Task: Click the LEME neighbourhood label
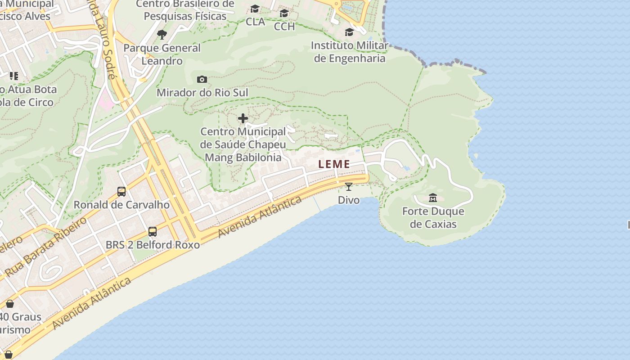pyautogui.click(x=334, y=164)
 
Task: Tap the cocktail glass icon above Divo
pyautogui.click(x=349, y=186)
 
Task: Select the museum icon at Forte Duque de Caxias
pyautogui.click(x=433, y=198)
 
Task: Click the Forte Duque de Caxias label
pyautogui.click(x=433, y=217)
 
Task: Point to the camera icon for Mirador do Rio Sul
pyautogui.click(x=202, y=80)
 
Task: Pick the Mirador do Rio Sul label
pyautogui.click(x=202, y=93)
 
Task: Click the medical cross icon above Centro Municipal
pyautogui.click(x=243, y=118)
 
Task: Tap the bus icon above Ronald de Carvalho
pyautogui.click(x=121, y=192)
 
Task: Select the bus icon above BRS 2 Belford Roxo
pyautogui.click(x=153, y=232)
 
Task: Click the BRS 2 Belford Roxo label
pyautogui.click(x=153, y=245)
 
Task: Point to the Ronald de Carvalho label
pyautogui.click(x=121, y=205)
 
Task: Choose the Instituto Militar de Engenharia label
pyautogui.click(x=350, y=52)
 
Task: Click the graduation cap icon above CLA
pyautogui.click(x=255, y=9)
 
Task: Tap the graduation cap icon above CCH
pyautogui.click(x=284, y=13)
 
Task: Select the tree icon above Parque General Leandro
pyautogui.click(x=162, y=34)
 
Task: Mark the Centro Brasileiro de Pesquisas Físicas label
pyautogui.click(x=185, y=10)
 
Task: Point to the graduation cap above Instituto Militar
pyautogui.click(x=349, y=32)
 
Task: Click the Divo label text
pyautogui.click(x=349, y=200)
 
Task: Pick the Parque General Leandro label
pyautogui.click(x=162, y=54)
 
